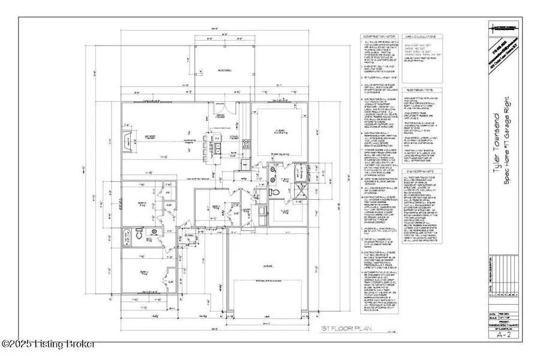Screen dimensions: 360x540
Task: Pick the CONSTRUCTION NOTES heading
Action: pos(376,36)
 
